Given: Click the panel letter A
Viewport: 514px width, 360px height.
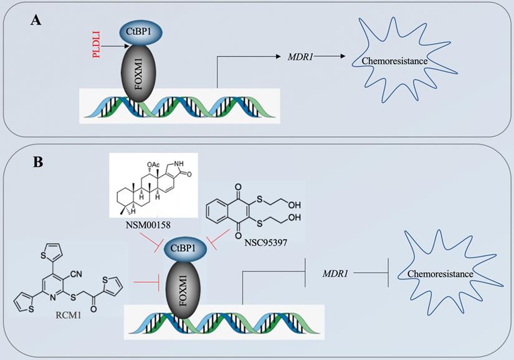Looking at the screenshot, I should (36, 21).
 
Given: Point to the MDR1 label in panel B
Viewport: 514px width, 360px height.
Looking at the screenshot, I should (335, 273).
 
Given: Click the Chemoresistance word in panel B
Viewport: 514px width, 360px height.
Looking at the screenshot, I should (439, 274).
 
